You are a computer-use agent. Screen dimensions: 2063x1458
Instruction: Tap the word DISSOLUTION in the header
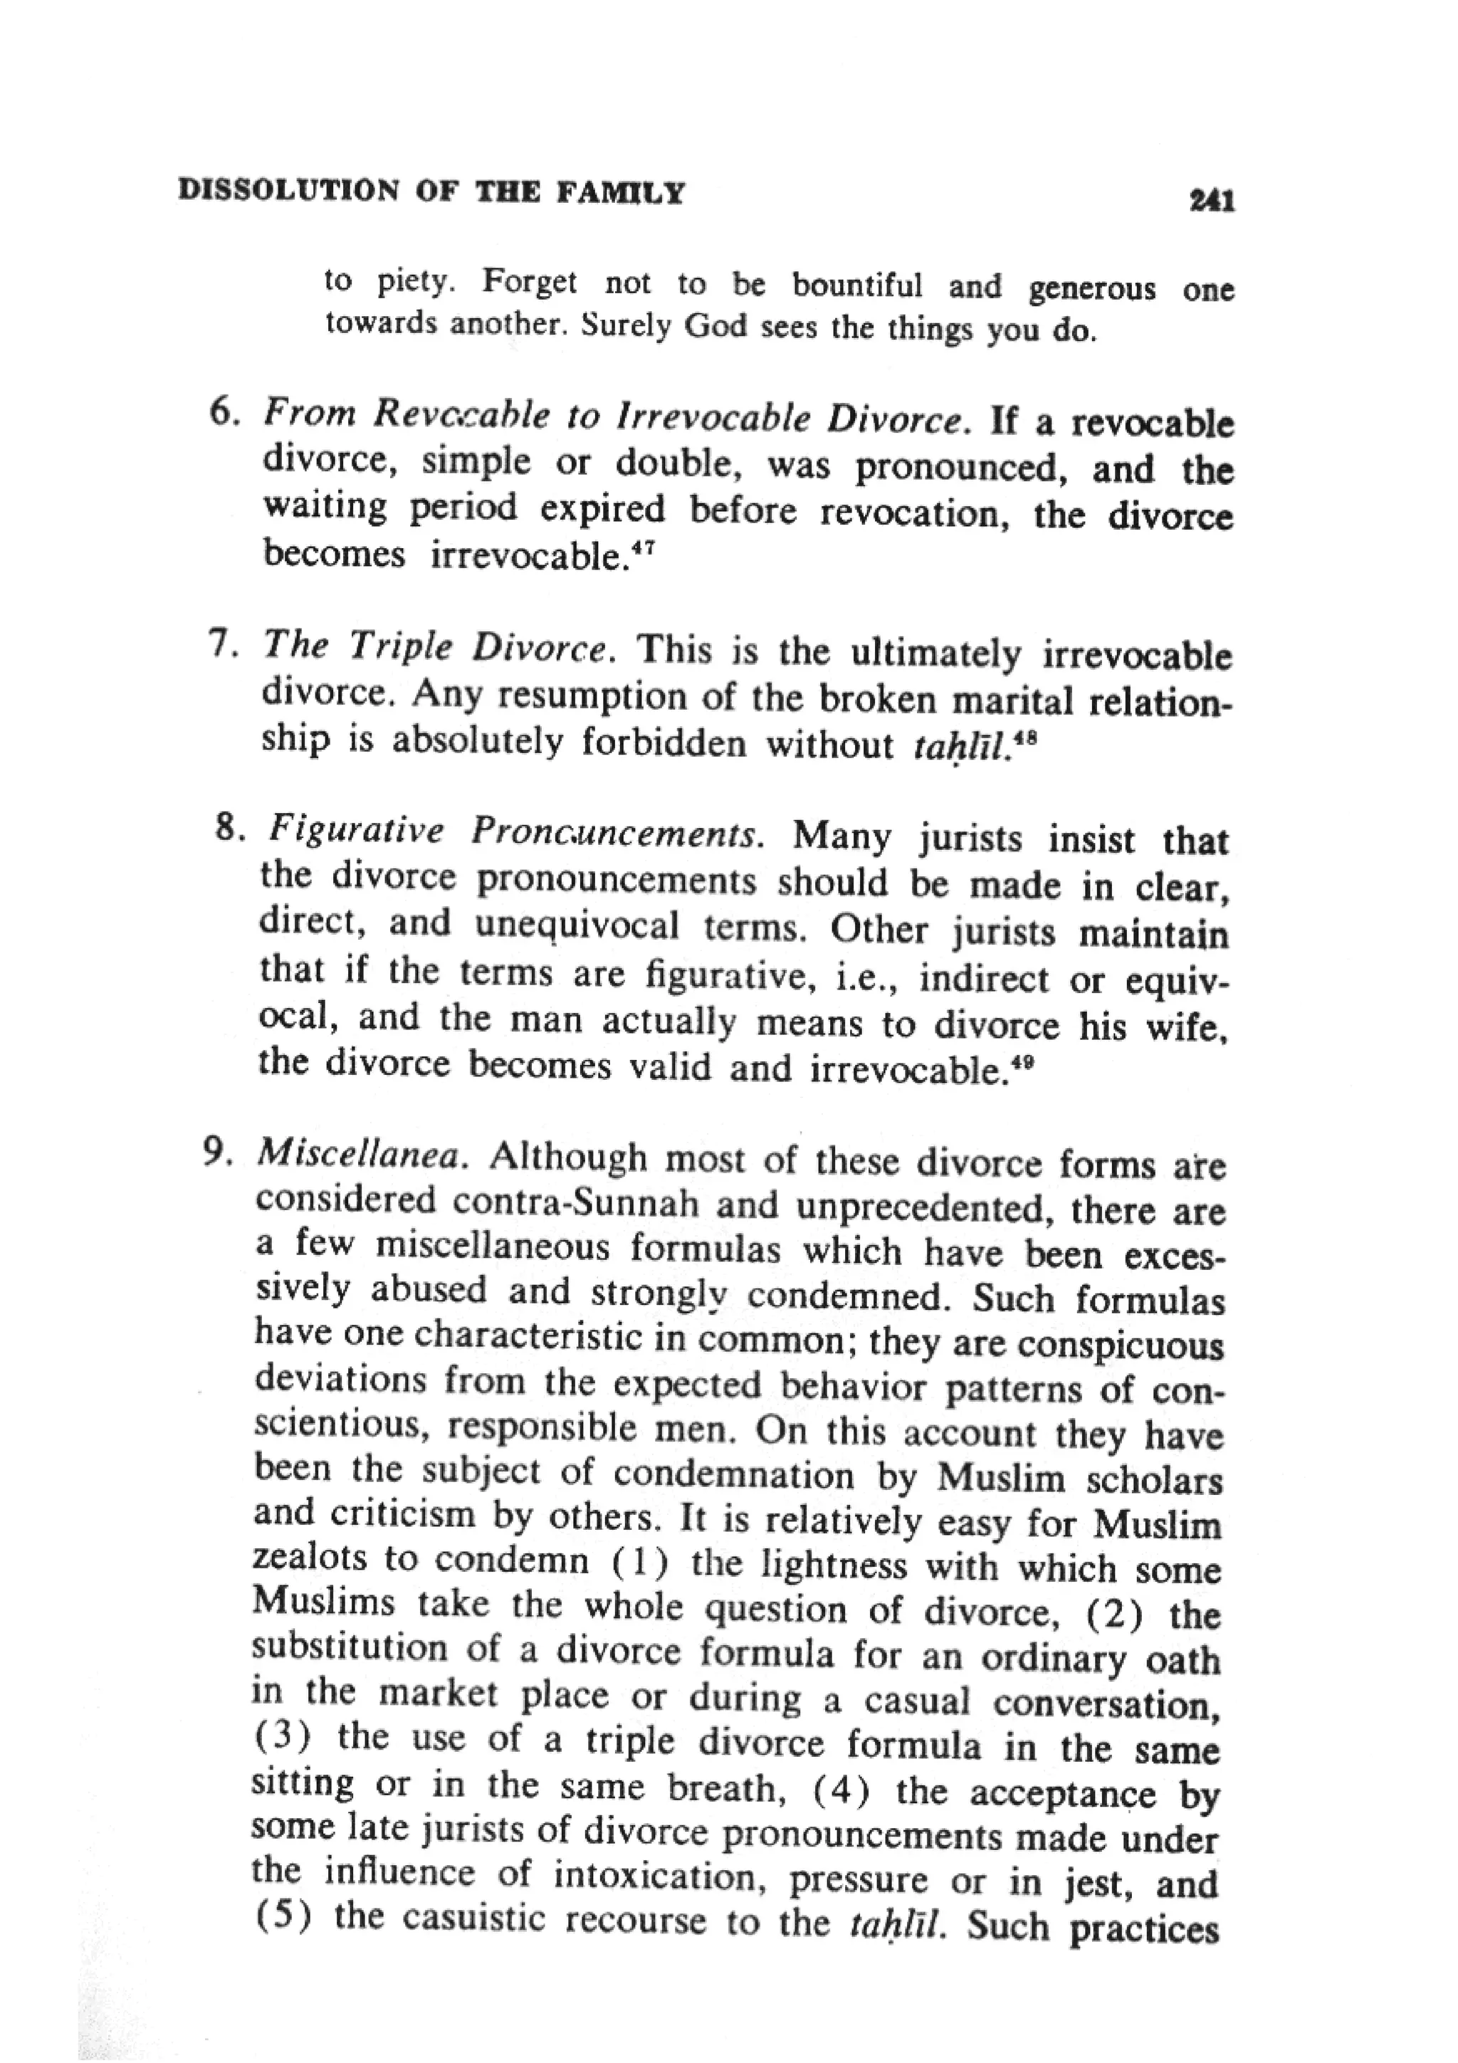pos(288,191)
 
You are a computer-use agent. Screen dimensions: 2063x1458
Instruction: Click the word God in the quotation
pos(715,325)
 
